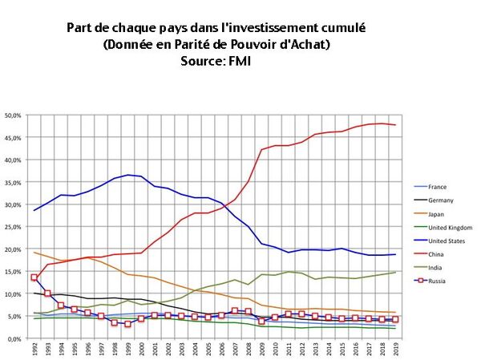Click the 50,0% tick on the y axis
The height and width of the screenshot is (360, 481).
(14, 115)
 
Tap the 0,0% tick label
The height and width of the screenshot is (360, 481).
(16, 339)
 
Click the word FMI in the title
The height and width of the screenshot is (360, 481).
(238, 60)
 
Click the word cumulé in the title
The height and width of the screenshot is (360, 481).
(338, 27)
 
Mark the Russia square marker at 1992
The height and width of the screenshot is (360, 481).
(34, 277)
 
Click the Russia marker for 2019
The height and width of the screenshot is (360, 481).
(394, 320)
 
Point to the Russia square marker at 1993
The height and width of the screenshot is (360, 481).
(47, 293)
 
